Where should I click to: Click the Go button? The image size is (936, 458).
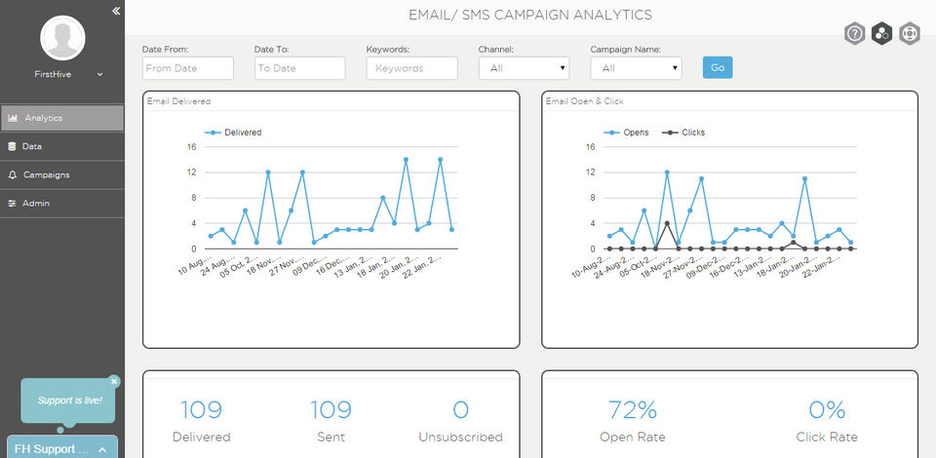coord(717,67)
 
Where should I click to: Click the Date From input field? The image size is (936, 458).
coord(187,68)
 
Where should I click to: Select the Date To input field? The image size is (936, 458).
coord(299,68)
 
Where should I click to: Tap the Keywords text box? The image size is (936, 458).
coord(411,68)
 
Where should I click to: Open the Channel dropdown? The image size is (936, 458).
coord(524,68)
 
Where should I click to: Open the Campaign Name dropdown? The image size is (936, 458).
coord(636,68)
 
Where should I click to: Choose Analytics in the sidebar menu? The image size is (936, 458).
coord(61,118)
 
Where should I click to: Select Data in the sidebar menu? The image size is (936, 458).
coord(61,146)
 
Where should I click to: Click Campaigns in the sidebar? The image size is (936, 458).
coord(61,174)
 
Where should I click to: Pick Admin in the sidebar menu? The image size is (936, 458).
coord(61,203)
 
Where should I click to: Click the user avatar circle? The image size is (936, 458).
coord(61,37)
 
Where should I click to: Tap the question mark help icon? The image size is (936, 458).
coord(854,33)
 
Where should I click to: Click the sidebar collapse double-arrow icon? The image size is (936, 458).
coord(115,11)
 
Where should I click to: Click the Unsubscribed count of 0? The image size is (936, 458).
coord(460,410)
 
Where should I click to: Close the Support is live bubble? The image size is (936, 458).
coord(114,381)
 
